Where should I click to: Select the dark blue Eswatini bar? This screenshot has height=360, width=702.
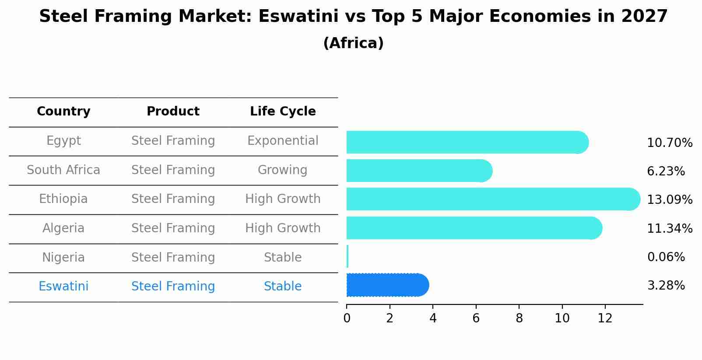(387, 285)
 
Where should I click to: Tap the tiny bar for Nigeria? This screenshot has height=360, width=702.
(347, 256)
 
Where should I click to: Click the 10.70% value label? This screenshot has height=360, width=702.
(670, 143)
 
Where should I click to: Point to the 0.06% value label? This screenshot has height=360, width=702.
(666, 257)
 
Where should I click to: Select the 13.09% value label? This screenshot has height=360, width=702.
(670, 200)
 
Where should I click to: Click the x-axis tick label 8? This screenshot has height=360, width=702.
(519, 318)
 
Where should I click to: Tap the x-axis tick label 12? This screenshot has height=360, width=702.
(605, 318)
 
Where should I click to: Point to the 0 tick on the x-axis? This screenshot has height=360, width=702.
(347, 318)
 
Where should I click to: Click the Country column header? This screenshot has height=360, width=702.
(63, 112)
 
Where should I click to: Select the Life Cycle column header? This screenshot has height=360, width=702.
(283, 112)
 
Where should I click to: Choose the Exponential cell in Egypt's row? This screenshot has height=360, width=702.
(283, 141)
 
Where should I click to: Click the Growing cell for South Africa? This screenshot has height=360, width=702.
(282, 170)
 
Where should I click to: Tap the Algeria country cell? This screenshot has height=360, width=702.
(63, 228)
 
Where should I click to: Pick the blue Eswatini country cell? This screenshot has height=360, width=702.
(63, 287)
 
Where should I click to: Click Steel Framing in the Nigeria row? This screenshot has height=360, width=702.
(173, 257)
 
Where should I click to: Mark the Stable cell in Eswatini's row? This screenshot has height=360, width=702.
(283, 287)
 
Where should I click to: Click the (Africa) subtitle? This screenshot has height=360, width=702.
(353, 43)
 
